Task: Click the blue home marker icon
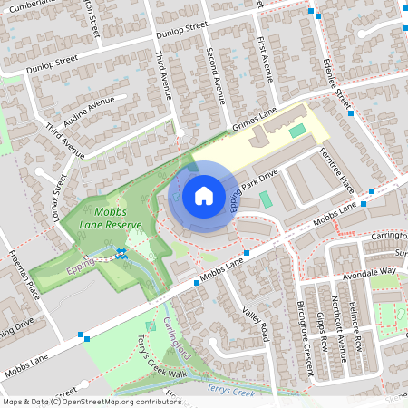click(x=203, y=196)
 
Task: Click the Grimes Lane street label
click(x=254, y=120)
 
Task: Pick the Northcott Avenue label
click(x=337, y=326)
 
